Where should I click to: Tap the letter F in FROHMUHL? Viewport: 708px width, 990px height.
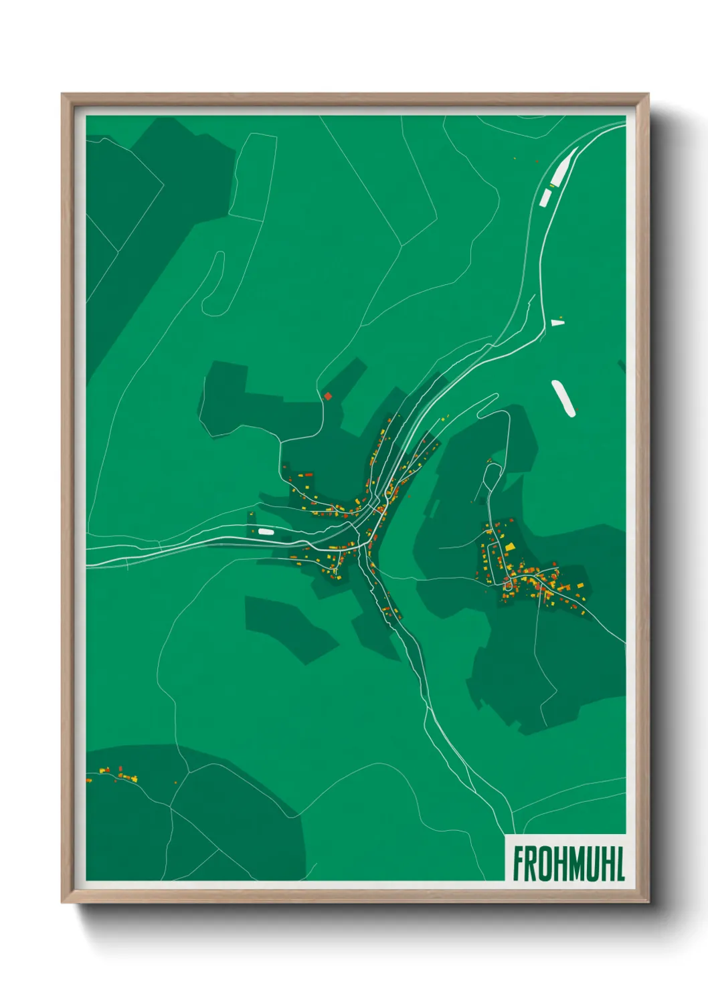(519, 864)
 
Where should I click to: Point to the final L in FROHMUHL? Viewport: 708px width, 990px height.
(620, 864)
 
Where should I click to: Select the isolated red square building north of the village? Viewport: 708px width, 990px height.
(327, 396)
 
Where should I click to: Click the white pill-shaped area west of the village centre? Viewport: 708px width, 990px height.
(265, 532)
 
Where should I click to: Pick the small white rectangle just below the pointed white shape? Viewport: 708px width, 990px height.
(545, 197)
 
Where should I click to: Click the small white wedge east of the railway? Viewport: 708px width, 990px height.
(557, 322)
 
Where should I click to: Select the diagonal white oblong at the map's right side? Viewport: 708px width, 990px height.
(563, 398)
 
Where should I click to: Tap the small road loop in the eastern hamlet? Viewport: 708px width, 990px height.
(509, 586)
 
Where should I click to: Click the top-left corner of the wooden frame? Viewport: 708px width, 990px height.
(63, 95)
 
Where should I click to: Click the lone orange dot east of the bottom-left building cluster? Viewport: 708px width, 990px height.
(176, 781)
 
